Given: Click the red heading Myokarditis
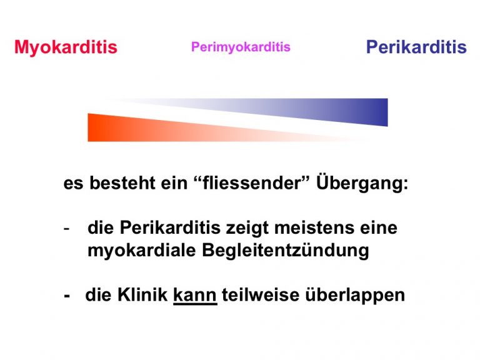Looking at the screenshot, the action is (x=66, y=47).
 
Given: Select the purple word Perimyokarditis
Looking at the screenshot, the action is (x=241, y=47).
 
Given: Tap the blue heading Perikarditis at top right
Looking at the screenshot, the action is (x=416, y=47).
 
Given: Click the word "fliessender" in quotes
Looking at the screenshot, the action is (x=252, y=182).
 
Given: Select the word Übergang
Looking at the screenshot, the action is (x=362, y=183).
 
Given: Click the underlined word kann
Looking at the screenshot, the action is (x=195, y=295).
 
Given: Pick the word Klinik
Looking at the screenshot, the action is (x=142, y=295).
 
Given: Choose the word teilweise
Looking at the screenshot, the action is (x=261, y=295).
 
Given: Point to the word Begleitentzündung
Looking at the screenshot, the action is (x=285, y=251).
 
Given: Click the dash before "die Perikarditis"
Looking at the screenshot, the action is (x=66, y=229).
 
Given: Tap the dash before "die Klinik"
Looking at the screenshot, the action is (x=67, y=296).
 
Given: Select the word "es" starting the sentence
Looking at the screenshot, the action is (x=73, y=184).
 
